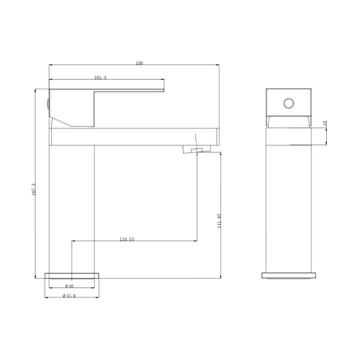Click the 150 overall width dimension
(x=138, y=64)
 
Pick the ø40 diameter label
(x=70, y=287)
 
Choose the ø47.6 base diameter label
(x=69, y=295)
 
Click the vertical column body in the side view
(x=72, y=202)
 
